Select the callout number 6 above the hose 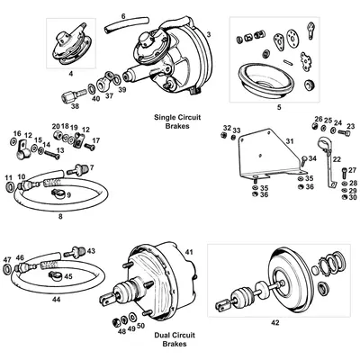[x=123, y=16]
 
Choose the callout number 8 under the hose [x=61, y=217]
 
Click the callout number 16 [x=17, y=133]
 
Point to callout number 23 [x=351, y=126]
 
